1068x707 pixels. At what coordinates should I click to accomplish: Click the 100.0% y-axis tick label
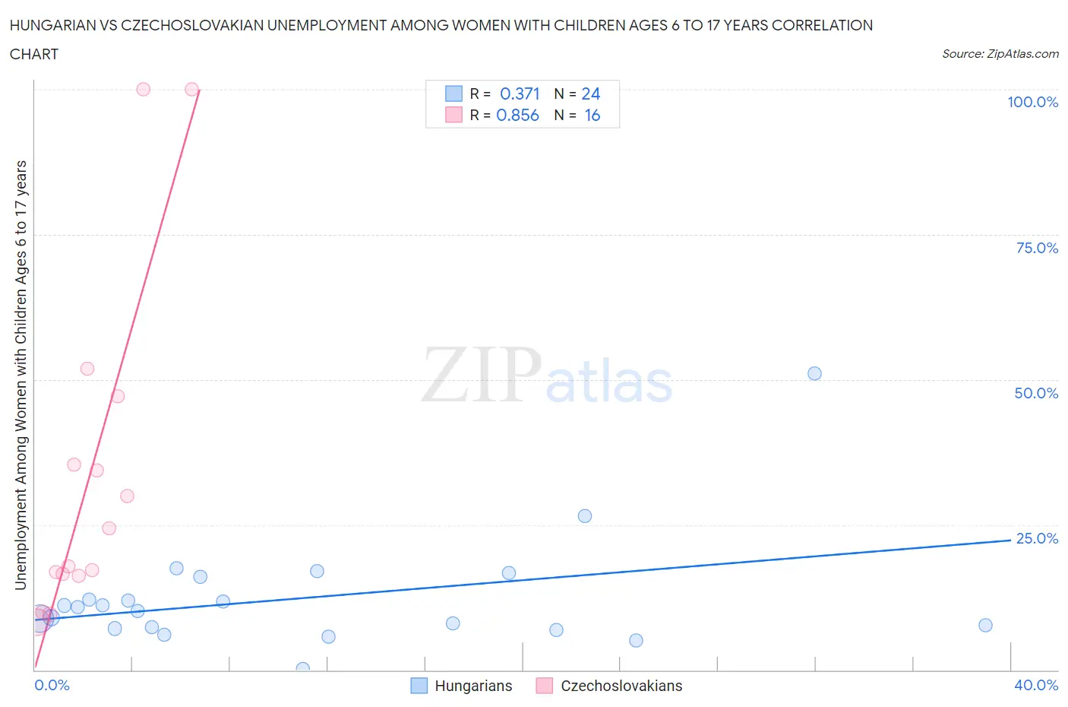pos(1032,102)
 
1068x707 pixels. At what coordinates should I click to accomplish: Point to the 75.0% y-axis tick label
pos(1037,248)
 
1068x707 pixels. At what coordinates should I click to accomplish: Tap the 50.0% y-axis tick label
pos(1036,393)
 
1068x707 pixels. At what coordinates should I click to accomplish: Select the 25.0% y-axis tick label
pos(1037,538)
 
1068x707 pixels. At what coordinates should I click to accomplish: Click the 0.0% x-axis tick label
pos(52,685)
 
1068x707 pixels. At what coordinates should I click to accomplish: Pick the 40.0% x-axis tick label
pos(1036,685)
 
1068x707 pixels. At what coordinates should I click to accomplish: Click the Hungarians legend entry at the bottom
pos(473,686)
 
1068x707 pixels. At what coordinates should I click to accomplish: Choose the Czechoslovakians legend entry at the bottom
pos(621,686)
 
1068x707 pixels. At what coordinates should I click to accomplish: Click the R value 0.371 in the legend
pos(520,94)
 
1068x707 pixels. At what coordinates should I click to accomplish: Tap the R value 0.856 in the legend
pos(517,115)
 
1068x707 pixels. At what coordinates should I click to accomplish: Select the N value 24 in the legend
pos(590,94)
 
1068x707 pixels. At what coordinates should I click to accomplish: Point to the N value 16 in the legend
pos(592,115)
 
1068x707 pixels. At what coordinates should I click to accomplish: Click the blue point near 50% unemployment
pos(814,373)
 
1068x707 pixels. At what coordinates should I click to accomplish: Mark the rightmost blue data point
pos(985,625)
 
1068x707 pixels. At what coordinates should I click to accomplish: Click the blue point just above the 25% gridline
pos(584,515)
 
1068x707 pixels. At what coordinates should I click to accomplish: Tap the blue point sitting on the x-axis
pos(302,669)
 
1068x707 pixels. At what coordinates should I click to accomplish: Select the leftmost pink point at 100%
pos(143,89)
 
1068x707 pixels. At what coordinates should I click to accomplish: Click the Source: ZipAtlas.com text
pos(1000,53)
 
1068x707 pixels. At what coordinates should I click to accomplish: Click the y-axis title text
pos(21,375)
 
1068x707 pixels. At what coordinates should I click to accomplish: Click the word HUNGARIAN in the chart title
pos(54,25)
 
